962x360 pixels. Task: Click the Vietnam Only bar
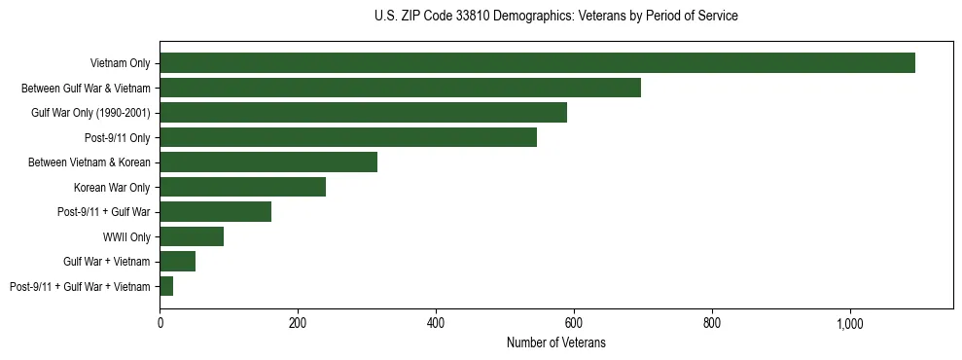(x=537, y=63)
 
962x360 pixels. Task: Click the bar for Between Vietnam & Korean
(x=268, y=162)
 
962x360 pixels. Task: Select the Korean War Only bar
(x=242, y=187)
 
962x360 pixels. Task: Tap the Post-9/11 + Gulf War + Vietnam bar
(x=166, y=286)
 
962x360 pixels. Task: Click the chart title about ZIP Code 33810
(x=555, y=17)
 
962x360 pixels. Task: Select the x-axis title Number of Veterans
(x=555, y=342)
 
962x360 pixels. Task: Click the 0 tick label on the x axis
(x=160, y=322)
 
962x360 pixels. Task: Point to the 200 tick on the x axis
(x=298, y=322)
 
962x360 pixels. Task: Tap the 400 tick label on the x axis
(x=436, y=322)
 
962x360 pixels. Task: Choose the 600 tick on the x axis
(x=574, y=322)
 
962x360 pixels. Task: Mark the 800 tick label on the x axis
(x=712, y=322)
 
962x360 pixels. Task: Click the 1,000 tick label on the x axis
(x=849, y=322)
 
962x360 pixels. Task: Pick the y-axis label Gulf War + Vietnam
(x=107, y=262)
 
